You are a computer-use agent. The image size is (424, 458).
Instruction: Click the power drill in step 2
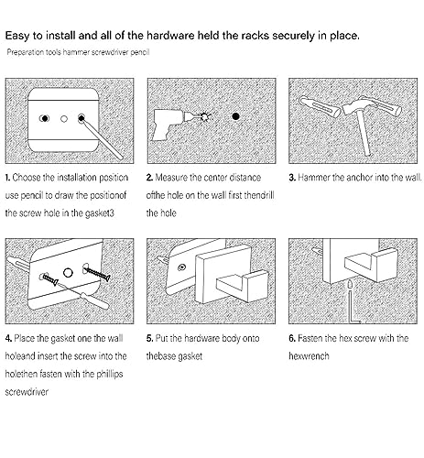pyautogui.click(x=168, y=124)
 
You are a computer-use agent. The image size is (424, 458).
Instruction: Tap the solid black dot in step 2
pyautogui.click(x=235, y=116)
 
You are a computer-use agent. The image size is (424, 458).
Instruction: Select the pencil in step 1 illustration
pyautogui.click(x=101, y=137)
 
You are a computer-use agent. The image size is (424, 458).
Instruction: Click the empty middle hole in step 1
pyautogui.click(x=64, y=118)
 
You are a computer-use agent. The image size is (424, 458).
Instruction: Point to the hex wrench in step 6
pyautogui.click(x=351, y=302)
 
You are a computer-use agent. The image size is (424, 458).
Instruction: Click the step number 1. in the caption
pyautogui.click(x=7, y=178)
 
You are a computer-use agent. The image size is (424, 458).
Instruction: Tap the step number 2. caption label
pyautogui.click(x=149, y=178)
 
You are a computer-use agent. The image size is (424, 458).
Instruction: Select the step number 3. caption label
pyautogui.click(x=292, y=178)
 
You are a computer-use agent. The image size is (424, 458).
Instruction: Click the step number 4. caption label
pyautogui.click(x=8, y=338)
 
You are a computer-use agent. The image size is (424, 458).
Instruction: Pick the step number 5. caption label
pyautogui.click(x=149, y=338)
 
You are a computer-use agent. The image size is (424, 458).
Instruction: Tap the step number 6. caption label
pyautogui.click(x=292, y=338)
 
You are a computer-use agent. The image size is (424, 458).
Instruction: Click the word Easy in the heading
pyautogui.click(x=17, y=36)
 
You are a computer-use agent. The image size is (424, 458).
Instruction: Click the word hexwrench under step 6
pyautogui.click(x=309, y=356)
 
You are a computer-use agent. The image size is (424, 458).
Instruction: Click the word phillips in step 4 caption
pyautogui.click(x=110, y=375)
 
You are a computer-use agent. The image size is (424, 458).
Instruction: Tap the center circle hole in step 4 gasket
pyautogui.click(x=68, y=273)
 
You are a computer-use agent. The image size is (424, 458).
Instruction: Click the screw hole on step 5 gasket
pyautogui.click(x=182, y=267)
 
